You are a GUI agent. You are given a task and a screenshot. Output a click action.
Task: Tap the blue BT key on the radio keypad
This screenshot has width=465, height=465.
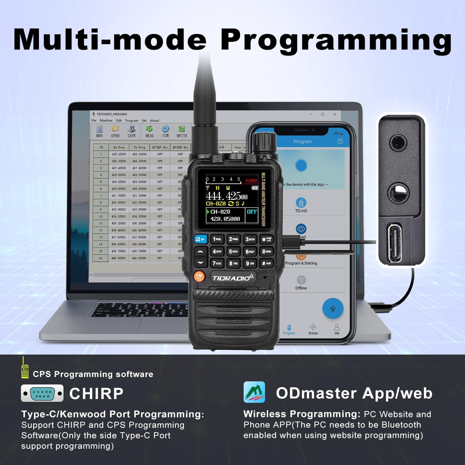pos(200,239)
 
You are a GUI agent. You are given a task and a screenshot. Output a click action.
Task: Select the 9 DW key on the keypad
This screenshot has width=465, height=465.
pos(250,263)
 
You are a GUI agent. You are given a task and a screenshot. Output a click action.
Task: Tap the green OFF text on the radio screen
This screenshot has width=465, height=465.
pos(252,212)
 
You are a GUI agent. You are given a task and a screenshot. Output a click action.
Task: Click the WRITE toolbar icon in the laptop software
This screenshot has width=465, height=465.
pos(182,131)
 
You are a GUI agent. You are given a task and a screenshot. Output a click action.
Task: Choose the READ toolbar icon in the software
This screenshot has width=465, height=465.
pos(149,131)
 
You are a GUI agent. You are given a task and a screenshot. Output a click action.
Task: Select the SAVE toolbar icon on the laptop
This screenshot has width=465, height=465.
pos(132,131)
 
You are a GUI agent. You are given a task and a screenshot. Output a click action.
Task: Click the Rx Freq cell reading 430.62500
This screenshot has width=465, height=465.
pos(119,189)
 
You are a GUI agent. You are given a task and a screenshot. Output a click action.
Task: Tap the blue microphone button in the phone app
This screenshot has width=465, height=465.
pos(333,308)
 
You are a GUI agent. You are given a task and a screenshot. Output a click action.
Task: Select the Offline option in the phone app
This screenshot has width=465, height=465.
pos(301,283)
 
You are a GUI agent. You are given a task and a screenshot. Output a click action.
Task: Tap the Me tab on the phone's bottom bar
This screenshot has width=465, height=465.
pos(337,329)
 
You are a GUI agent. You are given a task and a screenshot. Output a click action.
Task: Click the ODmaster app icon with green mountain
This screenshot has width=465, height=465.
pos(254,392)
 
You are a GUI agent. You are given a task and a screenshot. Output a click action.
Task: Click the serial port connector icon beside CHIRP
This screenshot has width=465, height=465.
pos(42,394)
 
